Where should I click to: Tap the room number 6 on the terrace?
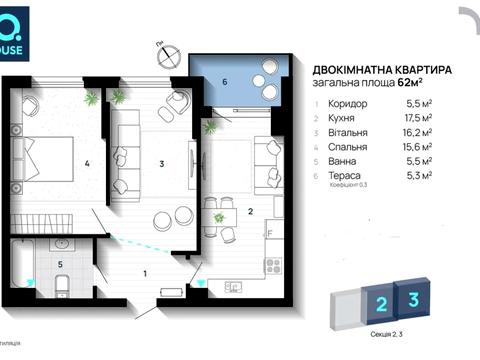click(225, 80)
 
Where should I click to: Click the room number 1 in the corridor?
click(145, 271)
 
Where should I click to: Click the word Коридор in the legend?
click(349, 103)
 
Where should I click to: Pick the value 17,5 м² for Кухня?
click(417, 117)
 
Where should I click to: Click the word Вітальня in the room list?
click(351, 131)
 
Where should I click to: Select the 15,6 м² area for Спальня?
click(417, 145)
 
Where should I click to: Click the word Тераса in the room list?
click(346, 173)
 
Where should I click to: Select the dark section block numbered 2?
click(380, 303)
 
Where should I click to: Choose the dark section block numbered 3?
click(412, 299)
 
